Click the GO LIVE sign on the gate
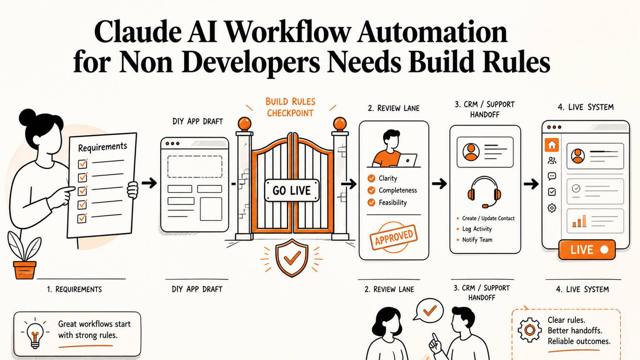(292, 190)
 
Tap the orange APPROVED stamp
(394, 237)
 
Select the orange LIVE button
(587, 250)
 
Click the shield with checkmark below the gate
(292, 257)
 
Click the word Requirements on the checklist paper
(102, 147)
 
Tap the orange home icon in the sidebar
(552, 145)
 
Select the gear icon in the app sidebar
(552, 208)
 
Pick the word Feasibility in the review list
(392, 202)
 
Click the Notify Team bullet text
(477, 240)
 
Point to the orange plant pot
(25, 270)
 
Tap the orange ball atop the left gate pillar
(245, 124)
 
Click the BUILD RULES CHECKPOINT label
(290, 107)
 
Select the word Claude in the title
(137, 32)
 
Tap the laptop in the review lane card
(407, 160)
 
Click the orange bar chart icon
(579, 221)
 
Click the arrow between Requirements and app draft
(149, 183)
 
